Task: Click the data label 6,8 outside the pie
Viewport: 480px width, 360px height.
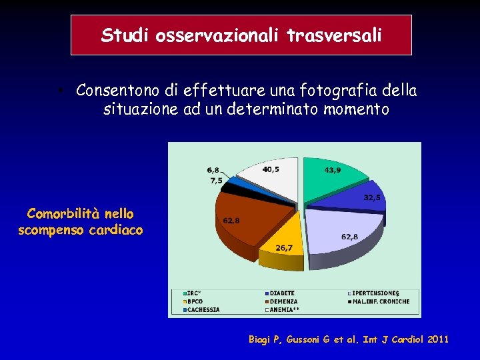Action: point(213,170)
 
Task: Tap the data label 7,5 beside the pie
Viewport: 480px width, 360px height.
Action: point(216,181)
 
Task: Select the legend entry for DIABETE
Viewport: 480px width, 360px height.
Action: point(282,293)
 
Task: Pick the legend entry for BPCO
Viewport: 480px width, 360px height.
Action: point(196,301)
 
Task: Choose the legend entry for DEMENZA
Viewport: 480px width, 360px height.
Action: point(283,301)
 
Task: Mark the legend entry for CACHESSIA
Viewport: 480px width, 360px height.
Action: point(203,309)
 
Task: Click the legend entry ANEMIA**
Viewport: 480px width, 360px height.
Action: point(284,309)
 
